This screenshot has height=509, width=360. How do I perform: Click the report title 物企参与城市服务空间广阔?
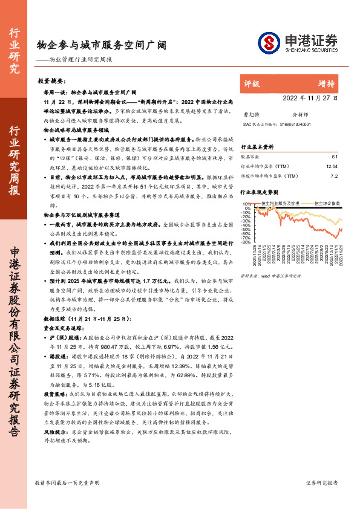click(x=101, y=45)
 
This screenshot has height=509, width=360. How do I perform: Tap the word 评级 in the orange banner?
click(x=252, y=83)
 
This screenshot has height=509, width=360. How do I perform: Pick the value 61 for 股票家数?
click(x=335, y=157)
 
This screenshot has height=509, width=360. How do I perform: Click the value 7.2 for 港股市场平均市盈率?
click(x=333, y=177)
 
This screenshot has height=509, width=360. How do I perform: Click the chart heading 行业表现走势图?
click(x=261, y=192)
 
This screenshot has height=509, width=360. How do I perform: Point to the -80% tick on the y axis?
click(x=246, y=242)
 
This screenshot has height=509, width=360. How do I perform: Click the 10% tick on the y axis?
click(x=247, y=204)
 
